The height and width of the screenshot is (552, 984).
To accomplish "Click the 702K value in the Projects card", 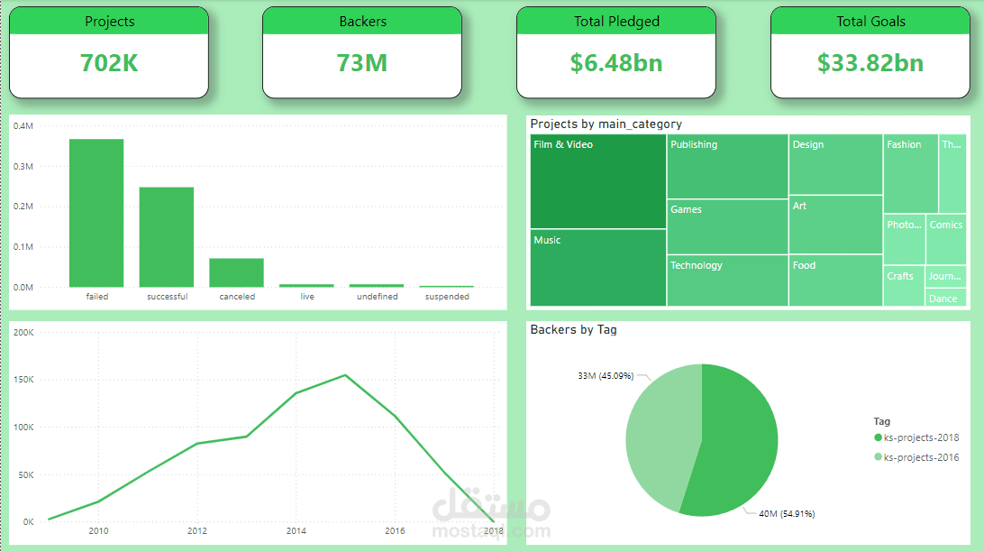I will click(109, 62).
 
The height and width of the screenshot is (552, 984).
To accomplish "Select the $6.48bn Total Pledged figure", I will click(616, 62).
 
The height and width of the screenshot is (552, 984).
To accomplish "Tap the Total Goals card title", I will click(870, 22).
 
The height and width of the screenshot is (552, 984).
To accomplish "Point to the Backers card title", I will click(362, 22).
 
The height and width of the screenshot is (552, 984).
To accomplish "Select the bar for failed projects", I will click(96, 213).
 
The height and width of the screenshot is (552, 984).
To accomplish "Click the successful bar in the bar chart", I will click(166, 237).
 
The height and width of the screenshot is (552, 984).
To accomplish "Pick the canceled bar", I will click(236, 272).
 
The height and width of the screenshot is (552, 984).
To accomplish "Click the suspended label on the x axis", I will click(447, 297).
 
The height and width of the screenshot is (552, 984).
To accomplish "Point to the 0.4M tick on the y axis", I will click(23, 126).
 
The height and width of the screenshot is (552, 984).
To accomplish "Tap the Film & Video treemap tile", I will click(597, 180).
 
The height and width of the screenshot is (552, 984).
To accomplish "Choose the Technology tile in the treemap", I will click(727, 281).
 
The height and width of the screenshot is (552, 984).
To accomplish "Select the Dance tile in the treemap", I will click(945, 299).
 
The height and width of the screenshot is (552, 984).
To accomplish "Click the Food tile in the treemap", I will click(835, 281).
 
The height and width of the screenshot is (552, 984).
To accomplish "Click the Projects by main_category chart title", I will click(606, 124).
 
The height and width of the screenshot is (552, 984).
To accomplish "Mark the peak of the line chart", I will click(345, 375).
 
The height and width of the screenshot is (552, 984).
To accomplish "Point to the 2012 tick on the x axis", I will click(197, 531).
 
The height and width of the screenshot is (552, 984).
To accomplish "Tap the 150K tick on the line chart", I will click(23, 380).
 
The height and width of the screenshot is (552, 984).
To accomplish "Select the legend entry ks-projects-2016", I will click(921, 457).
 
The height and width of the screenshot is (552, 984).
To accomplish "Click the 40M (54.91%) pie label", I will click(786, 514).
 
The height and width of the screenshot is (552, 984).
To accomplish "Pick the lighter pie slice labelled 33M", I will click(661, 433).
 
